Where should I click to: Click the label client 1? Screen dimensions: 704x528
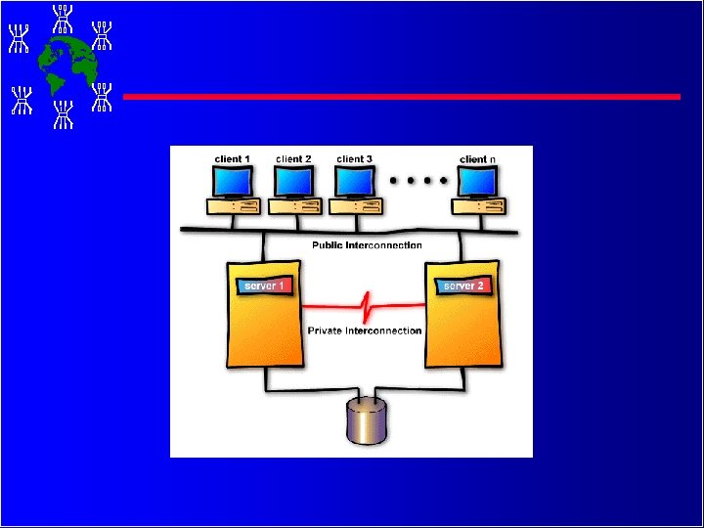(233, 158)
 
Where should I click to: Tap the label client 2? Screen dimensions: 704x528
(293, 158)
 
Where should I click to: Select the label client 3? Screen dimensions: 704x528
(354, 158)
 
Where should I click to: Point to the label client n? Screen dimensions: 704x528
(477, 158)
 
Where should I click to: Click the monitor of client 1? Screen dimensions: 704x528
(233, 181)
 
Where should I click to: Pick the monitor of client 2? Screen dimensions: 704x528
(293, 181)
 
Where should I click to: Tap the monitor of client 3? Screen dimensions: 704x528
(354, 181)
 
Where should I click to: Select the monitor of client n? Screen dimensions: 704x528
(476, 181)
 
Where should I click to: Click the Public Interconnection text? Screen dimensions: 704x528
(367, 245)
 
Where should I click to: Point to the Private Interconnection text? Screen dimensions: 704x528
(365, 330)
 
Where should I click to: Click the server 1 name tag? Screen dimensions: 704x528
(263, 286)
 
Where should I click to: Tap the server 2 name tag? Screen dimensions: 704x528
(462, 286)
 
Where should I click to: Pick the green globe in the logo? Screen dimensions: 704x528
(67, 65)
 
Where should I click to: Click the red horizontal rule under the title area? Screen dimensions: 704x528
(401, 97)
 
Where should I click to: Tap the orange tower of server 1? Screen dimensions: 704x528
(262, 328)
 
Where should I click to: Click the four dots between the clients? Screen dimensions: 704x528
(418, 181)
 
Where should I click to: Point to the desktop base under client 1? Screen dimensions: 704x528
(233, 206)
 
